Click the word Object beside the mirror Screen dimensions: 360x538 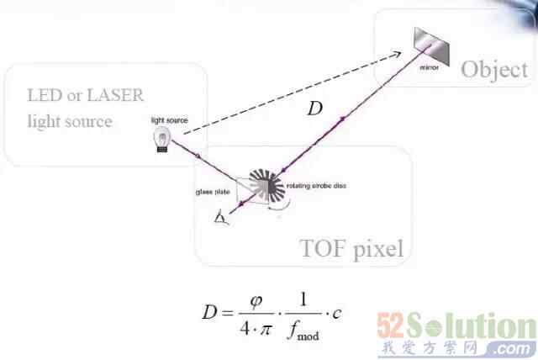click(x=493, y=69)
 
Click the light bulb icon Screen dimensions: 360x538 click(x=160, y=140)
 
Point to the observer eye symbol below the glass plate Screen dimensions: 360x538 click(x=221, y=220)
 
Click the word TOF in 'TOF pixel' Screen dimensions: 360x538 click(x=323, y=248)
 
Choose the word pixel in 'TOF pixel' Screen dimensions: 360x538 click(x=377, y=249)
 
